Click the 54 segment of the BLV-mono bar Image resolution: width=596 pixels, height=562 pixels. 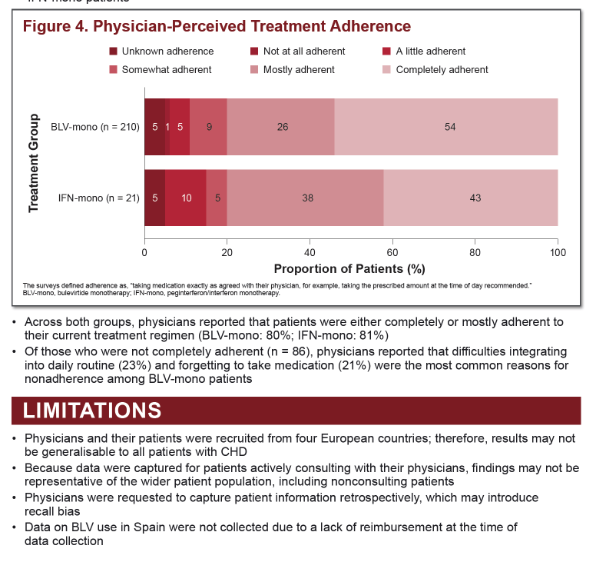click(x=446, y=127)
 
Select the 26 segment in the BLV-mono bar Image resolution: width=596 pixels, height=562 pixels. click(x=281, y=127)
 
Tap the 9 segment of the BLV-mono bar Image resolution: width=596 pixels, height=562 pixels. click(x=208, y=127)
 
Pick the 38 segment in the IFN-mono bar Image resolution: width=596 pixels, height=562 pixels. click(x=305, y=198)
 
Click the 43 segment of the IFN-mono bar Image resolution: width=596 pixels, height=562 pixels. click(x=471, y=198)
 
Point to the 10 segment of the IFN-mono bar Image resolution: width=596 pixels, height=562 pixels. click(x=186, y=198)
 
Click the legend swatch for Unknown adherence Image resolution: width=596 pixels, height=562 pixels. click(x=113, y=52)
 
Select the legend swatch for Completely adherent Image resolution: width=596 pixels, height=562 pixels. click(x=386, y=70)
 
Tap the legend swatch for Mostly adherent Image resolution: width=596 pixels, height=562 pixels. click(x=254, y=70)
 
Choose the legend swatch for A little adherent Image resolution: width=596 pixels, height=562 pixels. click(x=386, y=52)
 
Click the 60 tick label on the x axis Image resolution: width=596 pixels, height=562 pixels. click(x=392, y=253)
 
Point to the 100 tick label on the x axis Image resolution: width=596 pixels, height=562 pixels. click(x=558, y=253)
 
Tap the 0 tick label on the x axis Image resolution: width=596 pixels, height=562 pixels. click(x=144, y=253)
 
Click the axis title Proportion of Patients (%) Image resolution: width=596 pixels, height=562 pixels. click(x=349, y=269)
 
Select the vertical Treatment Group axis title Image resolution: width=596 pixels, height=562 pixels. click(x=34, y=163)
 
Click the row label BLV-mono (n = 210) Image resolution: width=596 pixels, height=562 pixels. click(x=95, y=127)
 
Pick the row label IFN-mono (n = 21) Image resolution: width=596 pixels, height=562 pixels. click(x=99, y=198)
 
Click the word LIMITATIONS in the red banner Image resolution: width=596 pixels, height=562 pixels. click(x=92, y=411)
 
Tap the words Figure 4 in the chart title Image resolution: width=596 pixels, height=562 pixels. click(x=55, y=26)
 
